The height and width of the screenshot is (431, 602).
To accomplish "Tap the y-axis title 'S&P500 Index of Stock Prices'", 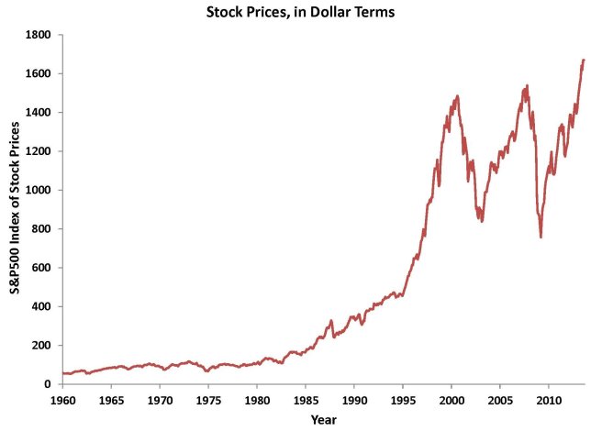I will (x=16, y=209).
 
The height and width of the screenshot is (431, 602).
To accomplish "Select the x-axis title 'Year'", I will (x=323, y=420).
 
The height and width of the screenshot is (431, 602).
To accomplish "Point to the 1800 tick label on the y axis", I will (x=39, y=35).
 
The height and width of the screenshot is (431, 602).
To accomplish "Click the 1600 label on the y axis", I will (x=39, y=73).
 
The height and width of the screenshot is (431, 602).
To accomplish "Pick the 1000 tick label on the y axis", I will (x=39, y=190).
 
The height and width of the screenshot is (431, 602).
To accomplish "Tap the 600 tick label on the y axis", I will (x=43, y=268).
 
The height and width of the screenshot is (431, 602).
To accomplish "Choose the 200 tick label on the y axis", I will (x=43, y=345).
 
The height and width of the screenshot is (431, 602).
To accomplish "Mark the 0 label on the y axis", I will (x=50, y=384).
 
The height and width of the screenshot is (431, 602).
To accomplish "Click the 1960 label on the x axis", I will (x=62, y=401).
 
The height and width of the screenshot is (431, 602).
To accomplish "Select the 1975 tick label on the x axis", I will (x=208, y=401).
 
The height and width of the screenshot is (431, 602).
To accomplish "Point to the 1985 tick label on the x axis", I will (x=306, y=401).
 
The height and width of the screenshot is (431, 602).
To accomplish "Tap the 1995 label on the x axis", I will (x=403, y=401).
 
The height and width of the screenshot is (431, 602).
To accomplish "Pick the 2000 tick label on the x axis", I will (x=451, y=401).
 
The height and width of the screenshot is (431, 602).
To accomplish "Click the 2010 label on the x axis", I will (x=549, y=401).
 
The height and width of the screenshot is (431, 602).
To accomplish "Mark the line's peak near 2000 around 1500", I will (x=456, y=95).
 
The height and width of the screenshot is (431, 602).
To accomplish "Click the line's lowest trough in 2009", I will (x=541, y=238).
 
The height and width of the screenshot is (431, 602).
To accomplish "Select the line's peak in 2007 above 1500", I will (x=527, y=86).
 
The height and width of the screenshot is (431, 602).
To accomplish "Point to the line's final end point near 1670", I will (x=584, y=60).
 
